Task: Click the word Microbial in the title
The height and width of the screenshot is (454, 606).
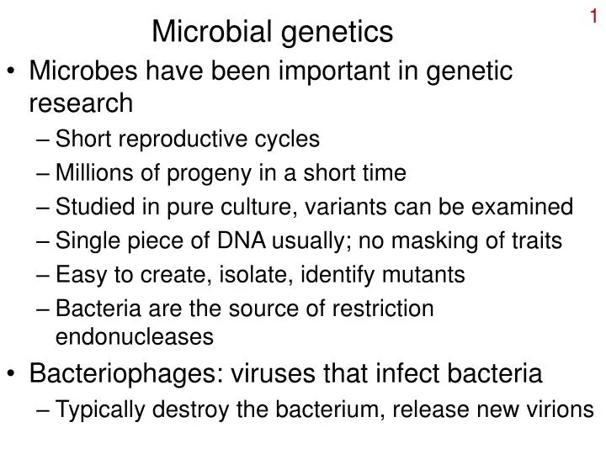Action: pyautogui.click(x=203, y=32)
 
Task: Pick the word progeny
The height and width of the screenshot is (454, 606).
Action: pyautogui.click(x=199, y=173)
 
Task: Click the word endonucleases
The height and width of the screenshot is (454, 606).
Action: pyautogui.click(x=133, y=337)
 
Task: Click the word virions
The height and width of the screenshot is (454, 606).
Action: pyautogui.click(x=561, y=409)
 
